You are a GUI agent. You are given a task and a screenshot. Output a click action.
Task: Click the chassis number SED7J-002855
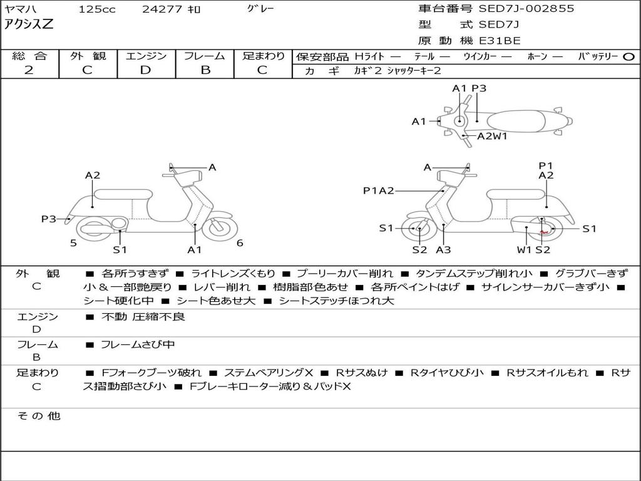click(x=526, y=9)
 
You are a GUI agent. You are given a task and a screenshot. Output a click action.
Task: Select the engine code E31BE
click(x=500, y=41)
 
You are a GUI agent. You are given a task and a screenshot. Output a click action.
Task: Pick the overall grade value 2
click(x=29, y=70)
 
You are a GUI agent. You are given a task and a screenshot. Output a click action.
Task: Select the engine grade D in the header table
click(x=145, y=70)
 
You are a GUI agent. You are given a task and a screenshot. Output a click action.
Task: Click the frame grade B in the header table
click(x=205, y=70)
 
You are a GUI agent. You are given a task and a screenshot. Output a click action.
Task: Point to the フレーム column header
click(x=205, y=56)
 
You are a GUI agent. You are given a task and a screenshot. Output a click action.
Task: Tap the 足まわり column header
click(x=263, y=56)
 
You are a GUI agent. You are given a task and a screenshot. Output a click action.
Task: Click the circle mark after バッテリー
click(x=629, y=57)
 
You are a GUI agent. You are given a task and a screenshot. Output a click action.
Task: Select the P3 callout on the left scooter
click(x=49, y=219)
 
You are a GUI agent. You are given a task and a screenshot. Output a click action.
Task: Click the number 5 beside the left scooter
click(x=73, y=243)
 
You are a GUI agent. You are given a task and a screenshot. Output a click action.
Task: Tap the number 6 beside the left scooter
click(x=240, y=243)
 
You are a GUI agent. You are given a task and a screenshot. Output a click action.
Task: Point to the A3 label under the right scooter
click(x=443, y=250)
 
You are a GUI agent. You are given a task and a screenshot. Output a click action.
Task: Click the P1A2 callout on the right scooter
click(x=378, y=191)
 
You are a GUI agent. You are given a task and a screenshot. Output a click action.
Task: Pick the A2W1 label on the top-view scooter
click(x=492, y=136)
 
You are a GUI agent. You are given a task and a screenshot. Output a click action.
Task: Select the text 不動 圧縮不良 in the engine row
click(x=143, y=317)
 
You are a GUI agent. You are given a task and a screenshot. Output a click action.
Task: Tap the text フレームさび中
click(x=138, y=344)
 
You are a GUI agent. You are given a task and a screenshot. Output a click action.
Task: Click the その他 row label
click(x=38, y=416)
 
